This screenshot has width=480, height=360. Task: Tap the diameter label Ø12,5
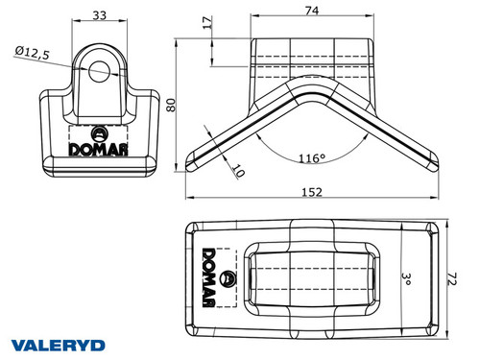(x=32, y=52)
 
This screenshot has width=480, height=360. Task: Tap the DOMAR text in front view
(x=99, y=149)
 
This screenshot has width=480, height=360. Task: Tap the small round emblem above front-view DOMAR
(x=99, y=132)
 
